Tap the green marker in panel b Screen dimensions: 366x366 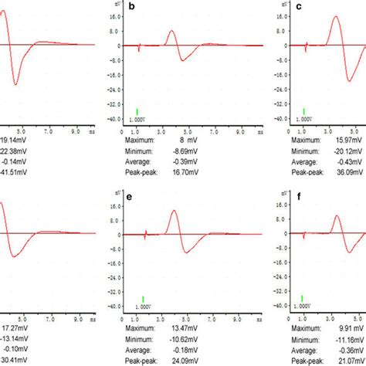pyautogui.click(x=137, y=111)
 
